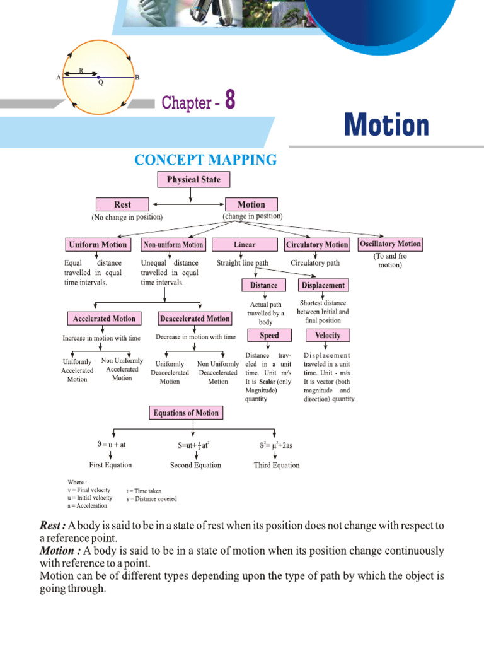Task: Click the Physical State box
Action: pos(193,180)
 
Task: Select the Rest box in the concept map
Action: pos(122,204)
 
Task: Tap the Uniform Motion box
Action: pos(97,245)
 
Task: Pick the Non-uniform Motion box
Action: pos(173,245)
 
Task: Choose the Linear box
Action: pos(245,245)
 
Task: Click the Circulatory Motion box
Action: pos(317,245)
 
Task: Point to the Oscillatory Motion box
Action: pos(390,244)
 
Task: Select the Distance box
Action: pos(263,285)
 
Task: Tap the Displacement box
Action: pos(323,285)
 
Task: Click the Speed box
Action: pos(269,336)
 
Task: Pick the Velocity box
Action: pos(327,336)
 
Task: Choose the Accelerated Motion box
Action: pos(105,319)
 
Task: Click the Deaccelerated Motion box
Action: pos(194,319)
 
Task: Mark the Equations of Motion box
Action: pos(187,413)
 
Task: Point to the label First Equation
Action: pos(111,465)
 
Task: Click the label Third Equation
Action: pos(277,465)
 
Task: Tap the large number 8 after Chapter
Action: pos(230,101)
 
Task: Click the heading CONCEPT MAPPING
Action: pos(205,160)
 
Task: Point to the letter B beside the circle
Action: pos(137,77)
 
